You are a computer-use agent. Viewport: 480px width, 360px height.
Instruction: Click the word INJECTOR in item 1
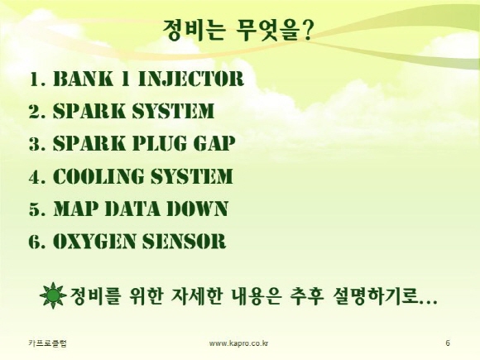point(191,79)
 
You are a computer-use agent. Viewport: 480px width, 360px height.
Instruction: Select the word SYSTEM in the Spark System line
point(173,111)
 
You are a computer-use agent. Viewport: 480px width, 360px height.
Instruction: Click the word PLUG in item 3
point(159,143)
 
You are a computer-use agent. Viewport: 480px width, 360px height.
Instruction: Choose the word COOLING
point(98,176)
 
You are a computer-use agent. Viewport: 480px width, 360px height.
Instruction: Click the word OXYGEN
point(94,241)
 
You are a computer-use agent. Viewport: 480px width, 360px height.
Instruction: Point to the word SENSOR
point(185,241)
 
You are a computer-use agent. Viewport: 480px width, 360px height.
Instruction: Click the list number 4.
point(34,176)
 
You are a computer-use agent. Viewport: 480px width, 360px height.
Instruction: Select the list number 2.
point(34,112)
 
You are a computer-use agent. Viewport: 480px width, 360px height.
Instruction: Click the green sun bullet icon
point(53,295)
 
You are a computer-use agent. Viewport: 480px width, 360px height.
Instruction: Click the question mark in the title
point(307,30)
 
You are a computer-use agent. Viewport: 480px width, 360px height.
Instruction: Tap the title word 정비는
point(194,30)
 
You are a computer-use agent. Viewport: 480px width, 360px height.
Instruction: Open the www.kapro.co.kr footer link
point(239,343)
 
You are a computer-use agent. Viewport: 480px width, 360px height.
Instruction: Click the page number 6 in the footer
point(448,343)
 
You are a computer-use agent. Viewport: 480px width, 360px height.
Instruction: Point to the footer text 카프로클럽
point(47,343)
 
